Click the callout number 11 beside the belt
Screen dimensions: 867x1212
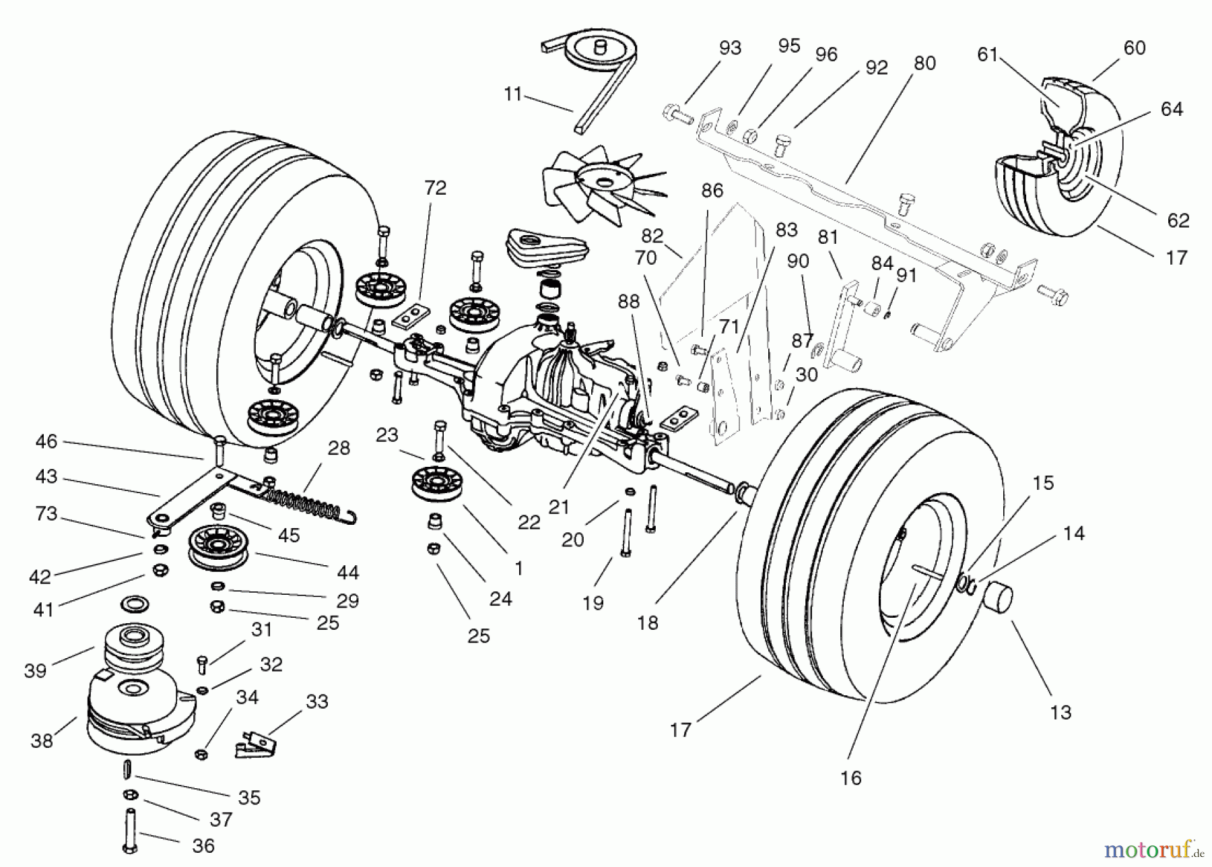513,94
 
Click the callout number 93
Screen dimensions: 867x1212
730,48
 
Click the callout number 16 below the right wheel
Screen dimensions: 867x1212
850,778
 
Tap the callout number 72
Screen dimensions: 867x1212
435,188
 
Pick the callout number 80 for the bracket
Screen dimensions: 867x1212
924,63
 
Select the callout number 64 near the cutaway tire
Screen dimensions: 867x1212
1172,109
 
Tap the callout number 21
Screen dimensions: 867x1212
559,507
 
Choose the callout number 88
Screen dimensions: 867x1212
628,301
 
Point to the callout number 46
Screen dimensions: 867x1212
46,442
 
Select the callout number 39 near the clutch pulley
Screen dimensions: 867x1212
35,670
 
